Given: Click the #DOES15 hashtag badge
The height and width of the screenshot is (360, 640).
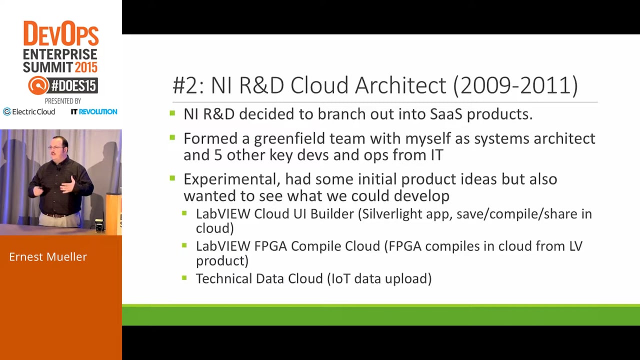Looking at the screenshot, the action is (63, 85).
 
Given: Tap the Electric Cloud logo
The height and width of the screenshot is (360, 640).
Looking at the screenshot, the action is (29, 111).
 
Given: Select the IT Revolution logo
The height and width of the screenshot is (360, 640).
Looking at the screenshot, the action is (94, 111).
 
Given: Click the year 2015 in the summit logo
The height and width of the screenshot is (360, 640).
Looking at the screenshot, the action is (86, 67).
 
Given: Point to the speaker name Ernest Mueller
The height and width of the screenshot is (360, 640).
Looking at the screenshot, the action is (48, 256).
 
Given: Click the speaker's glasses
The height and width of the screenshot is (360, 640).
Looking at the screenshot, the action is (56, 147).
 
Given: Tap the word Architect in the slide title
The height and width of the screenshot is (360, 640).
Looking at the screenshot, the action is (400, 85).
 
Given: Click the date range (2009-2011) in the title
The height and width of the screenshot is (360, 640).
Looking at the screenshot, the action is (515, 85).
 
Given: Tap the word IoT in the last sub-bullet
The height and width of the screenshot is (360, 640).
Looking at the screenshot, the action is (338, 278).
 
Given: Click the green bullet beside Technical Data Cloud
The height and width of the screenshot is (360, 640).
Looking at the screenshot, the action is (184, 277).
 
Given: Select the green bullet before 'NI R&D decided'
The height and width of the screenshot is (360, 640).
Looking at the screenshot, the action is (172, 113).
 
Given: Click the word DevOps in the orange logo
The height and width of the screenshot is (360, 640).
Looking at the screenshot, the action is (61, 33).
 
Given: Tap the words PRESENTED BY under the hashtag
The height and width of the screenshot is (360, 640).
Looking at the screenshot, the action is (63, 101).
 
